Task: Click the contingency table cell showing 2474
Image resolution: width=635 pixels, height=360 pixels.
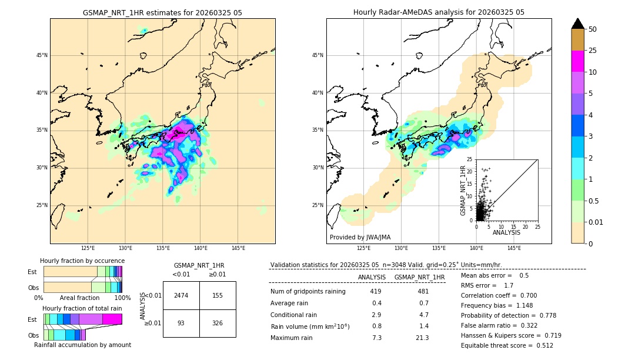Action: [x=181, y=295]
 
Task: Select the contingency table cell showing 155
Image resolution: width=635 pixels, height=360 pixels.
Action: [x=218, y=295]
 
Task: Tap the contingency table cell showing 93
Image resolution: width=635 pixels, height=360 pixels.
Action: [x=181, y=324]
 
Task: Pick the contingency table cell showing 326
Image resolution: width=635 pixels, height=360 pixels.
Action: [x=218, y=324]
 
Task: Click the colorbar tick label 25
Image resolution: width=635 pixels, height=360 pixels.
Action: [x=593, y=51]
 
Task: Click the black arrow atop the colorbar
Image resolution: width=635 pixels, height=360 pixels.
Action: [x=578, y=24]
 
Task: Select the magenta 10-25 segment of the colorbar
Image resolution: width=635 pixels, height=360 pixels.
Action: [x=578, y=61]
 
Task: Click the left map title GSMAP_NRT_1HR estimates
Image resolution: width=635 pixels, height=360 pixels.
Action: [x=162, y=12]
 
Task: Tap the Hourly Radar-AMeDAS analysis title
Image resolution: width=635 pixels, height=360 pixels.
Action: [x=439, y=12]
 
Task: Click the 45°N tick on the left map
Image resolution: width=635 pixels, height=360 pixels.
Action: [x=42, y=55]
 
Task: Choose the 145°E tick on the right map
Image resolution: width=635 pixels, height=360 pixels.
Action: [x=514, y=248]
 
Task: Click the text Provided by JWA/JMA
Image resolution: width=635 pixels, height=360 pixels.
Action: [x=360, y=237]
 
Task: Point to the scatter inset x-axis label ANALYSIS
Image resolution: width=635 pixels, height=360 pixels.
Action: [x=506, y=232]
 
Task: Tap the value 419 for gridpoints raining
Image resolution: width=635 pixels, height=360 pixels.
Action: [x=376, y=291]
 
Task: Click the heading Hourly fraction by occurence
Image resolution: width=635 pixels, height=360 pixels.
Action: [x=82, y=261]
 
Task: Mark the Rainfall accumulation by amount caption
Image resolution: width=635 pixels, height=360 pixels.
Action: [x=82, y=345]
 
